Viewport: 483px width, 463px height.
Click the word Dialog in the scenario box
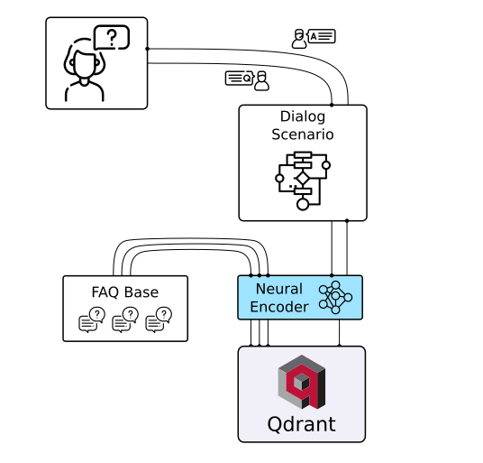[x=303, y=117]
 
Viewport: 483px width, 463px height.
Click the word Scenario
[x=303, y=134]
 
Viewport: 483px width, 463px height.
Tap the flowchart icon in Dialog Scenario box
[x=303, y=181]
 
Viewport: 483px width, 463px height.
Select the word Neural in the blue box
[x=279, y=289]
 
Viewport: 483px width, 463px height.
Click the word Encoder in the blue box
[x=279, y=307]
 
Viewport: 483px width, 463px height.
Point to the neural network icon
[x=335, y=297]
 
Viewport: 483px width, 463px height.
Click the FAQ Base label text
[x=125, y=292]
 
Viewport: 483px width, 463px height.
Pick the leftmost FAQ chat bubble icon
[x=92, y=319]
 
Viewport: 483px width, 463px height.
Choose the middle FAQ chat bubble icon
[x=125, y=319]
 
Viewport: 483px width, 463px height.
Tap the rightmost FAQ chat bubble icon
[x=159, y=319]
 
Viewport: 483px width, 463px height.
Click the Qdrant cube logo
[x=302, y=382]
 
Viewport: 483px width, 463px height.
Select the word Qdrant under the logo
[x=302, y=424]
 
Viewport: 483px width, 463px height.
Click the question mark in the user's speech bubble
[x=112, y=38]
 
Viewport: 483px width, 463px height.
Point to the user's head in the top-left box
[x=85, y=63]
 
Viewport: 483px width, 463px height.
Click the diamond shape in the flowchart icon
[x=303, y=179]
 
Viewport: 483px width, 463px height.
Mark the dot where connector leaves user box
[x=147, y=49]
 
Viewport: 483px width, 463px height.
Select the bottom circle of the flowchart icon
[x=303, y=204]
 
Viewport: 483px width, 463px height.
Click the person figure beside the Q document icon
[x=261, y=81]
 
